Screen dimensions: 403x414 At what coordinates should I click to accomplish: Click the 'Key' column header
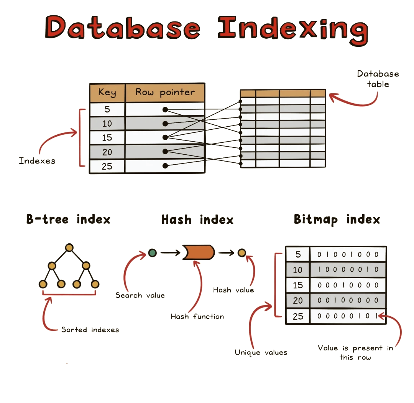107,92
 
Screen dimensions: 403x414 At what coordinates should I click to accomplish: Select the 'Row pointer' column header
165,92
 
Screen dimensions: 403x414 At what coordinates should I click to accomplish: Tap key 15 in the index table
107,137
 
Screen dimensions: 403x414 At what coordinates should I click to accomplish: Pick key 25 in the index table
107,166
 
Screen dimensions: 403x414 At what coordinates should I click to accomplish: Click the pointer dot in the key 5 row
165,109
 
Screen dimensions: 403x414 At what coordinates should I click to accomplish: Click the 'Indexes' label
37,161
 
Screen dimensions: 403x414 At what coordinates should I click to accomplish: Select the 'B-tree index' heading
68,219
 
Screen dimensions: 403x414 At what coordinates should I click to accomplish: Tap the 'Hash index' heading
197,220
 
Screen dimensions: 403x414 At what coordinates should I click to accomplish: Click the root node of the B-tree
69,248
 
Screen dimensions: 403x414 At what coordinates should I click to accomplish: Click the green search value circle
152,253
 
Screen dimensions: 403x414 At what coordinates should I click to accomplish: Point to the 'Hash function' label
197,316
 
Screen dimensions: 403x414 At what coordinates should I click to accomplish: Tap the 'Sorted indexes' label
90,329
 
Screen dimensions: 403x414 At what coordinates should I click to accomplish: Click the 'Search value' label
140,295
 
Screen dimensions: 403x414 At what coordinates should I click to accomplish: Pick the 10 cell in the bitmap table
297,270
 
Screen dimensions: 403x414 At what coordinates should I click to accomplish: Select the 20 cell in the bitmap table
297,301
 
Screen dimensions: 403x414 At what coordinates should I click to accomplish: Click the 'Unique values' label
261,352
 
